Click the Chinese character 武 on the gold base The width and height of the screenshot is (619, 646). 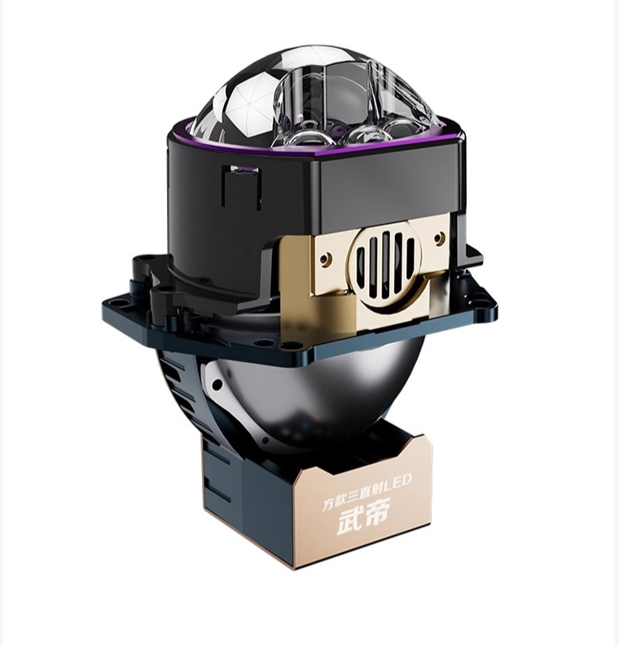tap(349, 522)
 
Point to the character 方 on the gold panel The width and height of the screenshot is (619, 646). tap(328, 504)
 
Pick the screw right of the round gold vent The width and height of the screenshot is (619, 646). tap(440, 237)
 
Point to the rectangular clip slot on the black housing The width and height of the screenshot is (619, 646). tap(241, 188)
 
